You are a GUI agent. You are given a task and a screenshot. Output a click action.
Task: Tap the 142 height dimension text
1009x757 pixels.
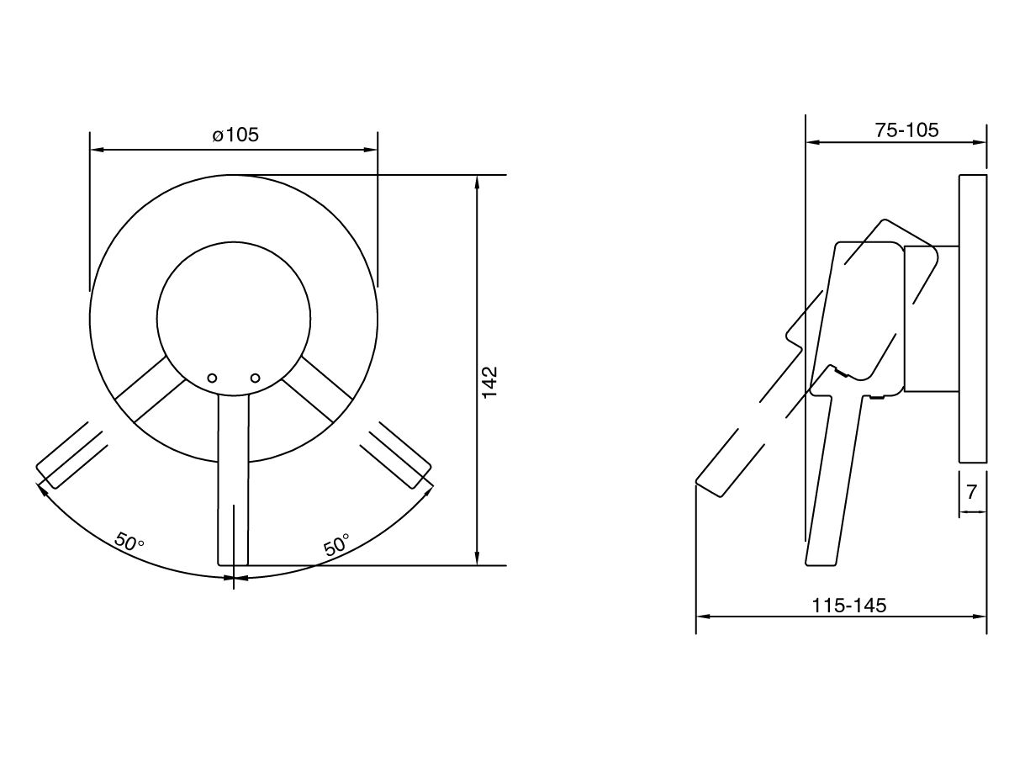(490, 383)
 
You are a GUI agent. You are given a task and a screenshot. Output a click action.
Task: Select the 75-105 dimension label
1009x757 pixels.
(906, 130)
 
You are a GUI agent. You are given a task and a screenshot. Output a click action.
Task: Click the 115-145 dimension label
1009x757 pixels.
(848, 605)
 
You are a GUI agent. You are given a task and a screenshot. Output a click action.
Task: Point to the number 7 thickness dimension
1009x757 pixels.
(972, 492)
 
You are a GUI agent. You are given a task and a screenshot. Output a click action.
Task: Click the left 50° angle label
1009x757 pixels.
(129, 543)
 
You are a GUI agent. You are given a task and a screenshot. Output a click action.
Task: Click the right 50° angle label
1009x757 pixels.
(336, 544)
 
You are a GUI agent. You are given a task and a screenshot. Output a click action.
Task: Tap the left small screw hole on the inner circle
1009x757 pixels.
(212, 378)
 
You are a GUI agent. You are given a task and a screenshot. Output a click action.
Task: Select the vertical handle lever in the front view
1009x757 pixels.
(234, 479)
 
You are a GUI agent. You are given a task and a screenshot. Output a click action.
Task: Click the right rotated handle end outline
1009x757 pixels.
(398, 455)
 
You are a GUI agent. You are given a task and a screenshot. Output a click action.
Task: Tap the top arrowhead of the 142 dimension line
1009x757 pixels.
(478, 181)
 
